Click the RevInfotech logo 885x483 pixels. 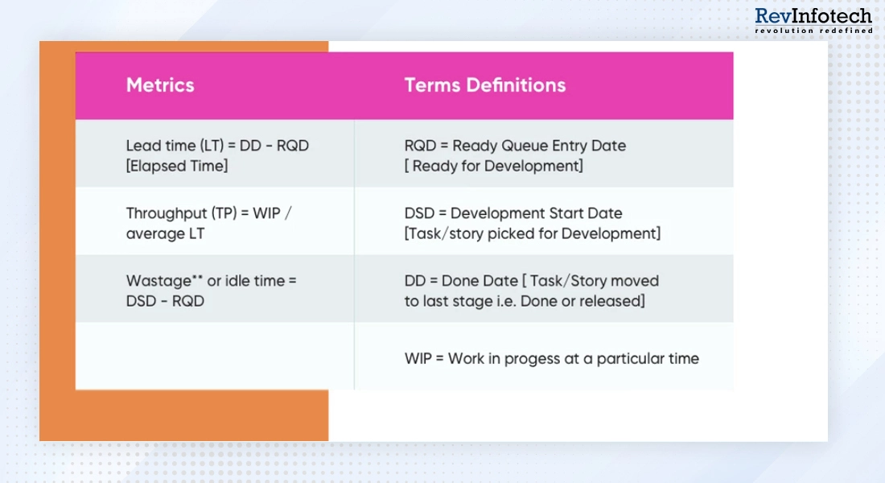tap(813, 20)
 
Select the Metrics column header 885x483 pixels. tap(160, 85)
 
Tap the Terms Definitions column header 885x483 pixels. tap(484, 85)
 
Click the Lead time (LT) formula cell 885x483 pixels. tap(216, 155)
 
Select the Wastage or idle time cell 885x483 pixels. tap(211, 291)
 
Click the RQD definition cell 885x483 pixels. tap(515, 155)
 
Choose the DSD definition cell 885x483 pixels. tap(532, 223)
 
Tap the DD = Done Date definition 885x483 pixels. tap(531, 291)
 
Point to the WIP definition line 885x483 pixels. tap(551, 358)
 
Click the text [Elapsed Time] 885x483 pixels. tap(176, 166)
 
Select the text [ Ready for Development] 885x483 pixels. tap(493, 166)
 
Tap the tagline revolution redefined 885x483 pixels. tap(813, 31)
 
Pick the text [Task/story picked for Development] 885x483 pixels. tap(532, 233)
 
